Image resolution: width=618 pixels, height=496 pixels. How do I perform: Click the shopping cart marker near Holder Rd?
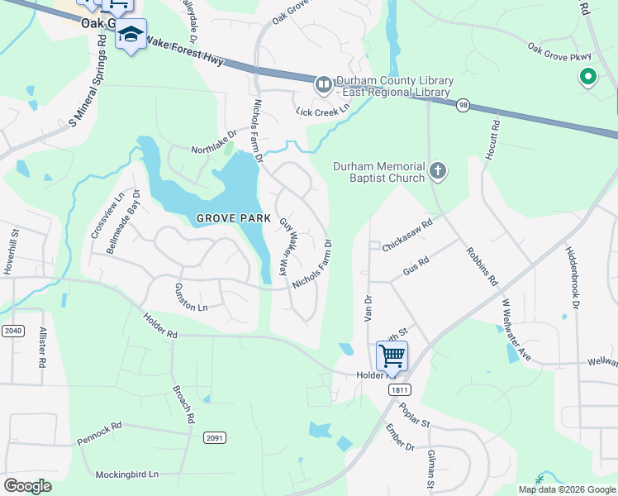click(392, 356)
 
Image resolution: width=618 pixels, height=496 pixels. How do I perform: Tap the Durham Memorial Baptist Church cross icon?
click(438, 172)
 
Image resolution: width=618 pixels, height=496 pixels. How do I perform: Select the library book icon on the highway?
click(323, 83)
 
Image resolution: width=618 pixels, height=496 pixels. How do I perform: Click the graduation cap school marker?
click(131, 35)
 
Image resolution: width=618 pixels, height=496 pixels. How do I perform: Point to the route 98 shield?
click(464, 105)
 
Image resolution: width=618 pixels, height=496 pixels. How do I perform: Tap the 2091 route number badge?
click(216, 437)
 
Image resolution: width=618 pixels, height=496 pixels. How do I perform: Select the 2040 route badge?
click(12, 331)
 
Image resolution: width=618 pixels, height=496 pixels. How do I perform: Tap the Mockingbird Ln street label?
click(126, 475)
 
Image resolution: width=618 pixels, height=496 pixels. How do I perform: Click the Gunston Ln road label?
click(190, 297)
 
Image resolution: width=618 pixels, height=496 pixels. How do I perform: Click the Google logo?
click(27, 486)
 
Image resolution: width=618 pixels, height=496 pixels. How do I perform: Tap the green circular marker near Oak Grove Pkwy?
click(588, 79)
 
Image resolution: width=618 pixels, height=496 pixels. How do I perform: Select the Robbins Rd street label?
click(481, 266)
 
